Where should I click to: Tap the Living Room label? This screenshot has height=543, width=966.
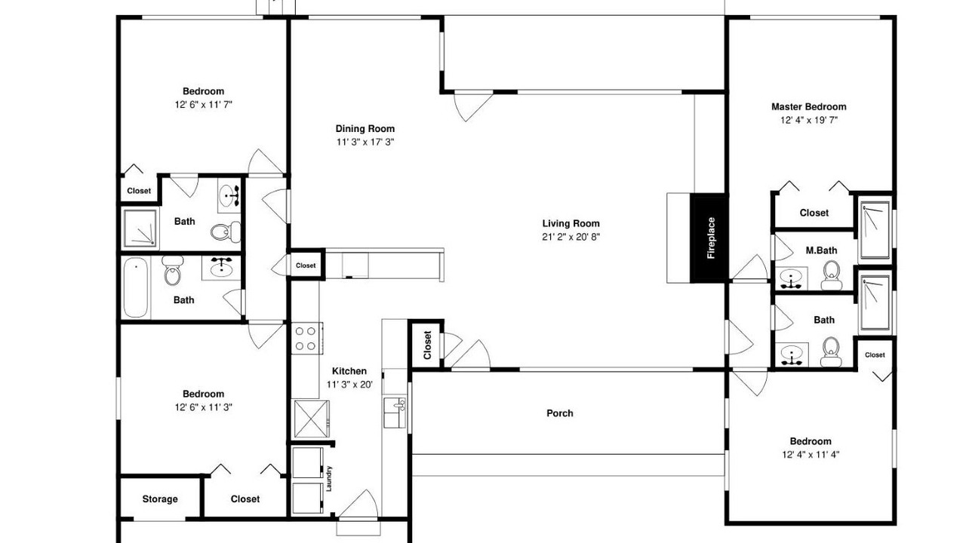click(x=571, y=223)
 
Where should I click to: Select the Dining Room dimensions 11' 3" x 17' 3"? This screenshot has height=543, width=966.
click(x=365, y=142)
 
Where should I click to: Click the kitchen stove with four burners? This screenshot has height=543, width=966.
click(x=307, y=339)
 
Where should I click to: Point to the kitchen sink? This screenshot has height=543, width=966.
click(x=395, y=413)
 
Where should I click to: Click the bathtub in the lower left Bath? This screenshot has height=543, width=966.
click(x=136, y=287)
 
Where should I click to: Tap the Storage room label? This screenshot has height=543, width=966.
click(x=160, y=499)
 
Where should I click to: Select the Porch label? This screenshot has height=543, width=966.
click(x=560, y=413)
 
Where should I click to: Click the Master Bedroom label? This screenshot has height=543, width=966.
click(x=808, y=106)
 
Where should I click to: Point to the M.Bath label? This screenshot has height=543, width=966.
click(x=821, y=250)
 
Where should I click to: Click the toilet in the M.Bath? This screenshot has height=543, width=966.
click(x=832, y=275)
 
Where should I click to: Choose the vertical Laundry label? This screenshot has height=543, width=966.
click(x=329, y=478)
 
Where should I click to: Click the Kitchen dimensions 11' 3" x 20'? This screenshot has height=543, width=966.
click(x=349, y=385)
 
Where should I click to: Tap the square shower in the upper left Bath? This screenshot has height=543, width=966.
click(x=140, y=229)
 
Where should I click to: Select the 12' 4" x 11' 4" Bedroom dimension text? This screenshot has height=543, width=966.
click(x=811, y=454)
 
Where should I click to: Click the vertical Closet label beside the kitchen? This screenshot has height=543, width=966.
click(x=427, y=345)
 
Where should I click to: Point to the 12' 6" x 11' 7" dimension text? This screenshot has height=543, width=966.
click(x=204, y=104)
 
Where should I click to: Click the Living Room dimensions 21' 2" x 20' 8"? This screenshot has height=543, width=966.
click(x=571, y=237)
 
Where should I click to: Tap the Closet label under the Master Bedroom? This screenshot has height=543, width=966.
click(x=814, y=213)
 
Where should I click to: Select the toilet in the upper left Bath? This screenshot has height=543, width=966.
click(x=226, y=232)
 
